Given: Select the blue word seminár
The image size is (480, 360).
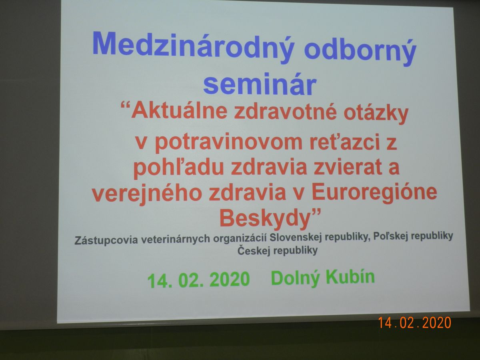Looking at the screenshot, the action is (260, 84).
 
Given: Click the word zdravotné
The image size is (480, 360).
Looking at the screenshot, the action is (285, 112).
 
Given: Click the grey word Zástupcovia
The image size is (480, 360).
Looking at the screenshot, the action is (106, 240).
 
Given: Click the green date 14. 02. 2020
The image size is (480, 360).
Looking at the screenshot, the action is (198, 280).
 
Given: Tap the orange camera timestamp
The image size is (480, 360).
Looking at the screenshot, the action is (415, 323).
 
